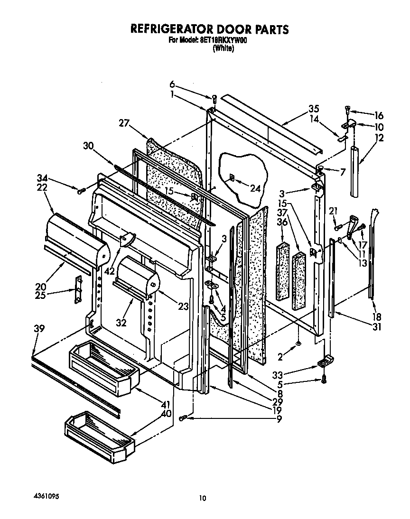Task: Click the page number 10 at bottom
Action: point(203,498)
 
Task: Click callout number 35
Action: point(314,108)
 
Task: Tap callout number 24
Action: point(256,188)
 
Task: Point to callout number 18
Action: point(378,316)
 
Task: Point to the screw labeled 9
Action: point(184,417)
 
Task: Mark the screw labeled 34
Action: point(81,191)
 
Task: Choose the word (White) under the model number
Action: point(223,48)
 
